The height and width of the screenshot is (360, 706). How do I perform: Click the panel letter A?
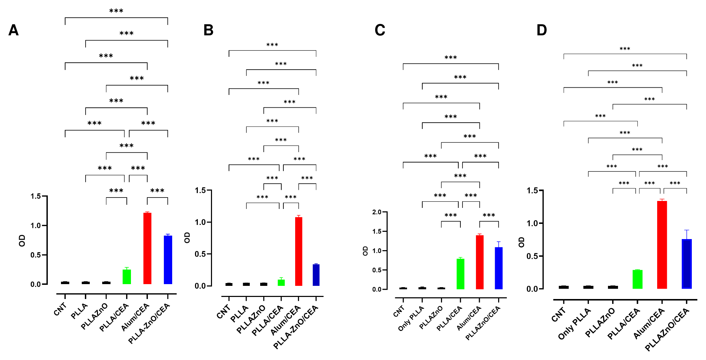(x=14, y=30)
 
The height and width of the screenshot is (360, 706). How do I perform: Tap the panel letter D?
(x=542, y=30)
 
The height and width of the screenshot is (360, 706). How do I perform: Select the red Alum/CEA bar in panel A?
(x=147, y=248)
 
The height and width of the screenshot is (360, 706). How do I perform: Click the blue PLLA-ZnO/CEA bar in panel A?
(x=168, y=260)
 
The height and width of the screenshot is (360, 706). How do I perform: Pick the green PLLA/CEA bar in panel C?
(x=460, y=274)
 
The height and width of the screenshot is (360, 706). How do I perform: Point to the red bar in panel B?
(x=299, y=252)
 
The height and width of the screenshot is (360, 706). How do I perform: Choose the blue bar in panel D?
(x=687, y=264)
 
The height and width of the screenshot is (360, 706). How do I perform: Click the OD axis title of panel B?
(x=187, y=237)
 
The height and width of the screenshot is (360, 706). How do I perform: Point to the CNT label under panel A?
(x=60, y=309)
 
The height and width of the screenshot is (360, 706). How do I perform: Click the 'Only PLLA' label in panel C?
(x=411, y=318)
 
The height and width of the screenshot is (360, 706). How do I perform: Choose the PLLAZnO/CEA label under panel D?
(x=667, y=329)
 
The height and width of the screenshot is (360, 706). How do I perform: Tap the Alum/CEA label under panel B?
(x=285, y=320)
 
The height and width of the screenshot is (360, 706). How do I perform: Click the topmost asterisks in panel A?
(x=116, y=11)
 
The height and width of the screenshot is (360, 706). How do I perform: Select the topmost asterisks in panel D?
(x=625, y=49)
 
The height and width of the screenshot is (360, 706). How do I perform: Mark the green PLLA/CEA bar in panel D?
(x=637, y=279)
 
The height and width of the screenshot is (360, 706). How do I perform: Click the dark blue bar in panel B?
(x=316, y=275)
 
